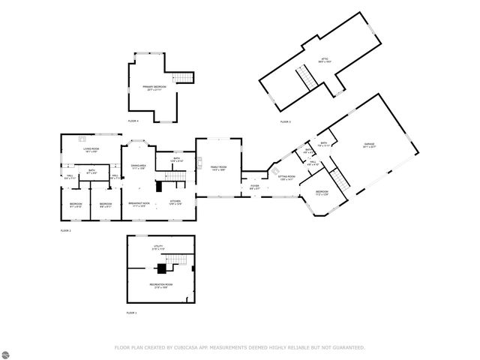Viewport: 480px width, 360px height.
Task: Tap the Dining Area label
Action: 138,166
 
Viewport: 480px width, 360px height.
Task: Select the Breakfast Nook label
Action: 139,203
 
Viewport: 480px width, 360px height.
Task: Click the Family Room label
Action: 218,168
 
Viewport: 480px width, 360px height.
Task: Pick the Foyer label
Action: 254,187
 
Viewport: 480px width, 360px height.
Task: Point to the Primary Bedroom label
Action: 154,88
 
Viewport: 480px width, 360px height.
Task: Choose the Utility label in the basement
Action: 158,247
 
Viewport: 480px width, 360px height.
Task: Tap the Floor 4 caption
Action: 133,121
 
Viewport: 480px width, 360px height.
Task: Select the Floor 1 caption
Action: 131,312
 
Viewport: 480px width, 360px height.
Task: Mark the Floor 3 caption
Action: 285,121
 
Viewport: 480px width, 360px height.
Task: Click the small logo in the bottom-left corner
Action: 10,350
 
